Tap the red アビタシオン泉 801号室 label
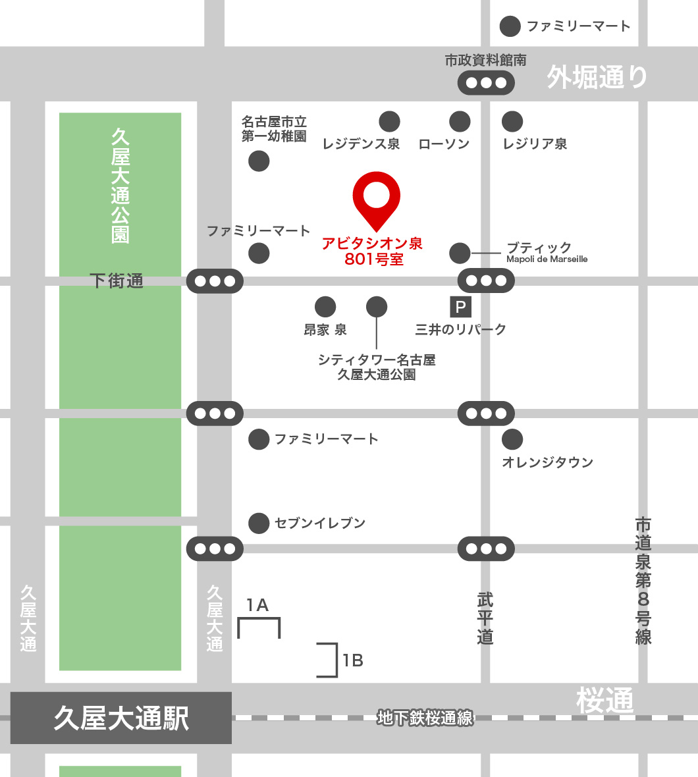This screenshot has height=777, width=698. click(373, 252)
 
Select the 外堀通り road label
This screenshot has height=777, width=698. click(597, 78)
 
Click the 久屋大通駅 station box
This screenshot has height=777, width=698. click(121, 718)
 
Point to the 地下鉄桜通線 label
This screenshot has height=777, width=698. click(425, 718)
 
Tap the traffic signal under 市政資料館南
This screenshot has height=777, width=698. click(486, 83)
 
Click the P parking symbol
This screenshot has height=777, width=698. click(460, 307)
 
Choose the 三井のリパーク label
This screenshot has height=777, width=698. click(461, 329)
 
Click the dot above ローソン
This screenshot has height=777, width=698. click(460, 121)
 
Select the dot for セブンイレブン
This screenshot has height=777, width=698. click(259, 523)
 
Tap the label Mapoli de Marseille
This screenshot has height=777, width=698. click(547, 259)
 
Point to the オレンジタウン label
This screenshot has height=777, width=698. click(547, 462)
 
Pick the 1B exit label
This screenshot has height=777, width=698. click(353, 660)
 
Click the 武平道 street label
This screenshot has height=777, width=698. click(485, 618)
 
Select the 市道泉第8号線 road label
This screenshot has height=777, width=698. click(643, 581)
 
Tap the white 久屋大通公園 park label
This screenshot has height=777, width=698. click(121, 186)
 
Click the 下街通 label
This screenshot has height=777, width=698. click(117, 281)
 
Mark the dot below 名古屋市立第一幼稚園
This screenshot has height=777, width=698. click(259, 161)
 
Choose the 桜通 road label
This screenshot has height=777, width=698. click(604, 701)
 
